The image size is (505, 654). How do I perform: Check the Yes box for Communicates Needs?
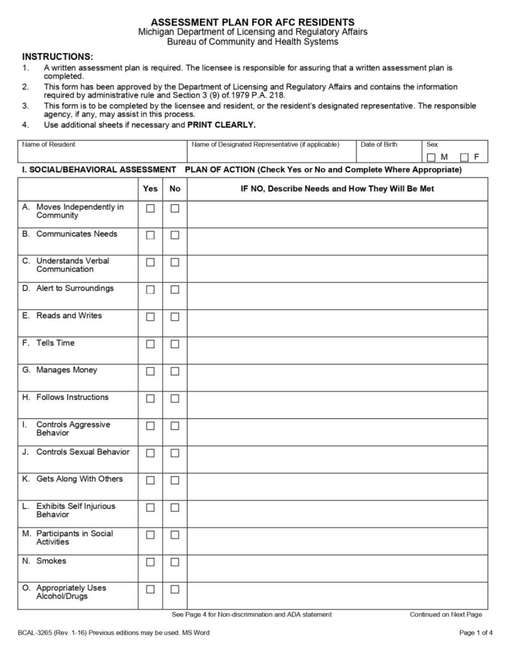pyautogui.click(x=151, y=235)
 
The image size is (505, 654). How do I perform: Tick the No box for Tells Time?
pyautogui.click(x=175, y=344)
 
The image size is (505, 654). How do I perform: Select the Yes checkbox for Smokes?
pyautogui.click(x=151, y=562)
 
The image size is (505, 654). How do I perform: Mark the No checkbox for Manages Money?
pyautogui.click(x=175, y=372)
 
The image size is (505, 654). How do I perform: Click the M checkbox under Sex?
pyautogui.click(x=432, y=157)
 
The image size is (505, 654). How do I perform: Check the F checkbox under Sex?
pyautogui.click(x=465, y=157)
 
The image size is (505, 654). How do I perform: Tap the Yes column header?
pyautogui.click(x=151, y=189)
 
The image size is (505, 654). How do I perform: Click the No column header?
pyautogui.click(x=175, y=189)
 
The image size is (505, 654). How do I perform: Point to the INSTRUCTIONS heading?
pyautogui.click(x=57, y=56)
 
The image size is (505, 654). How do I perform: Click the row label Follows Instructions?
pyautogui.click(x=72, y=397)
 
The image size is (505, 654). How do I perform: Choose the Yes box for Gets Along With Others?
pyautogui.click(x=151, y=480)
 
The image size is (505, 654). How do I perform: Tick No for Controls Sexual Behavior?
pyautogui.click(x=175, y=453)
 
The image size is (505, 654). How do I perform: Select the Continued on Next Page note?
pyautogui.click(x=446, y=614)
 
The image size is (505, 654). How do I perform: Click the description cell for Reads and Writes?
pyautogui.click(x=337, y=317)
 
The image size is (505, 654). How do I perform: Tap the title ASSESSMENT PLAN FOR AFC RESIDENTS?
pyautogui.click(x=253, y=22)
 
